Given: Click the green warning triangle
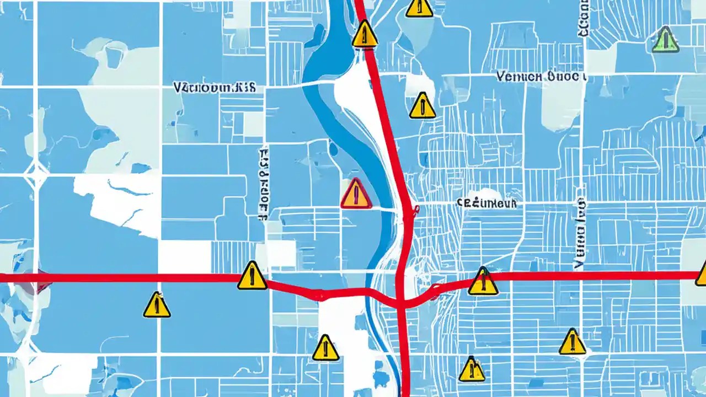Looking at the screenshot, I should (665, 40).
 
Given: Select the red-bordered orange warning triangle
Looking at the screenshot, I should (356, 194).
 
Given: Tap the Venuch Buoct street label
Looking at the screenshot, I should (541, 76).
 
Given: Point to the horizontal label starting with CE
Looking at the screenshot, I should (487, 203).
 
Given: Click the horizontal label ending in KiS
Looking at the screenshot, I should (215, 88).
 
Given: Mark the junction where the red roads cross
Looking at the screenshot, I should (402, 302).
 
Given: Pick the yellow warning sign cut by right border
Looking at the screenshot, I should (702, 274).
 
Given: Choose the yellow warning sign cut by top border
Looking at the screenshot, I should (419, 7).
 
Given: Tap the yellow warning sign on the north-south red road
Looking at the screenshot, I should (365, 34).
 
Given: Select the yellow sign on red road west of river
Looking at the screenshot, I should (252, 276).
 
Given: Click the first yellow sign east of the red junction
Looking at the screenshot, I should (483, 281).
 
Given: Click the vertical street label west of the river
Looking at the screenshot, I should (264, 180).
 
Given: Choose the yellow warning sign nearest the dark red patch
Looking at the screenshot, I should (157, 305).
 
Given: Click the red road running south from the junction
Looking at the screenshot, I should (404, 353).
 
